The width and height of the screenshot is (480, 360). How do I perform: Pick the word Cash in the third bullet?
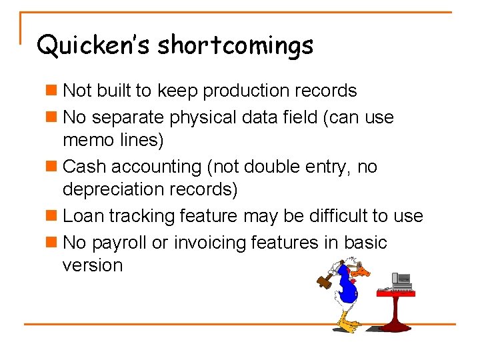tap(83, 166)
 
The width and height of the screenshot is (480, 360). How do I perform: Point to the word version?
tap(93, 265)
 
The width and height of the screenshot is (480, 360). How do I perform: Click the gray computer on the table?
tap(401, 281)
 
